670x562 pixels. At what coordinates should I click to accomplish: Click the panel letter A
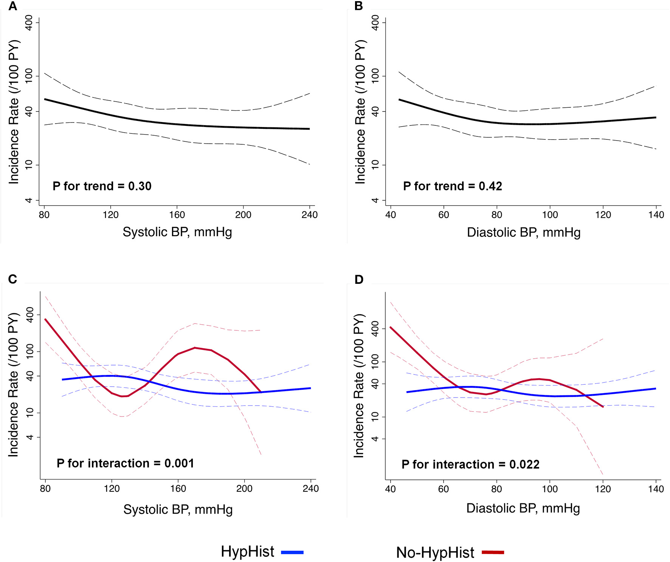pyautogui.click(x=12, y=6)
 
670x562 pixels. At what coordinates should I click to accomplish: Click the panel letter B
pyautogui.click(x=358, y=6)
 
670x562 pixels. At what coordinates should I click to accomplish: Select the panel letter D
pyautogui.click(x=359, y=279)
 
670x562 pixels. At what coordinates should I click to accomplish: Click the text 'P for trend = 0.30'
pyautogui.click(x=102, y=186)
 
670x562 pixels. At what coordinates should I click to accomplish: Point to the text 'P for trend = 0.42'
pyautogui.click(x=453, y=186)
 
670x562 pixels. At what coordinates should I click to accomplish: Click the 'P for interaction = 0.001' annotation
pyautogui.click(x=125, y=463)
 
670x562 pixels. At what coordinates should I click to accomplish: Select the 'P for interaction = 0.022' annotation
pyautogui.click(x=470, y=464)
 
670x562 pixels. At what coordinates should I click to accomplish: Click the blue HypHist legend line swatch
pyautogui.click(x=292, y=552)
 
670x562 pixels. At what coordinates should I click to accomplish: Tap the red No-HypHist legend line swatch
pyautogui.click(x=493, y=552)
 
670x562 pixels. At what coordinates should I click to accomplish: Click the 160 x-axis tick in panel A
pyautogui.click(x=177, y=215)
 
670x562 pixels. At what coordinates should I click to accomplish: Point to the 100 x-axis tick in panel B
pyautogui.click(x=550, y=215)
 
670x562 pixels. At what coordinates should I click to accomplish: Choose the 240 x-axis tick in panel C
pyautogui.click(x=310, y=488)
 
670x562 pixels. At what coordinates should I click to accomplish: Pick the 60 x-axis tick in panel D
pyautogui.click(x=443, y=489)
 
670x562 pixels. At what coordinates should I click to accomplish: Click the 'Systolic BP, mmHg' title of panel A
pyautogui.click(x=177, y=232)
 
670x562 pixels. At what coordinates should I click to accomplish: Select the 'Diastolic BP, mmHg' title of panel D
pyautogui.click(x=523, y=508)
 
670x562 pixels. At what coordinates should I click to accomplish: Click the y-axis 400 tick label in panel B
pyautogui.click(x=375, y=23)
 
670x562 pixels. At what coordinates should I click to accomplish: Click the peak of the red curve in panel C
pyautogui.click(x=195, y=348)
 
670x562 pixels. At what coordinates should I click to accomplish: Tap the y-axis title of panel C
pyautogui.click(x=13, y=385)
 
